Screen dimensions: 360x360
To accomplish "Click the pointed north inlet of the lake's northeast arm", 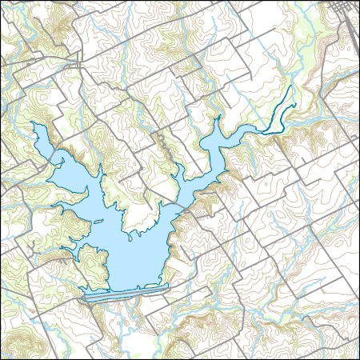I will coord(218,119).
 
